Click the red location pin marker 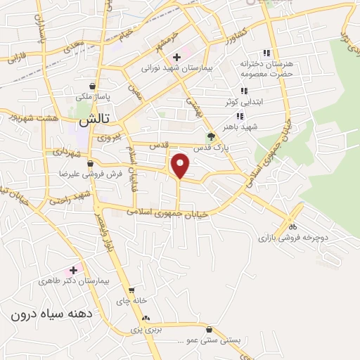click(x=181, y=165)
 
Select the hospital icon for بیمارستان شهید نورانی click(x=176, y=56)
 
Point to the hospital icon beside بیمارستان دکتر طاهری click(x=73, y=269)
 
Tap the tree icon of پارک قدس click(x=211, y=137)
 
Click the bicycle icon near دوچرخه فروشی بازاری click(x=293, y=226)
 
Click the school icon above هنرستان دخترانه click(x=266, y=52)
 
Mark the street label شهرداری click(x=67, y=151)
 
